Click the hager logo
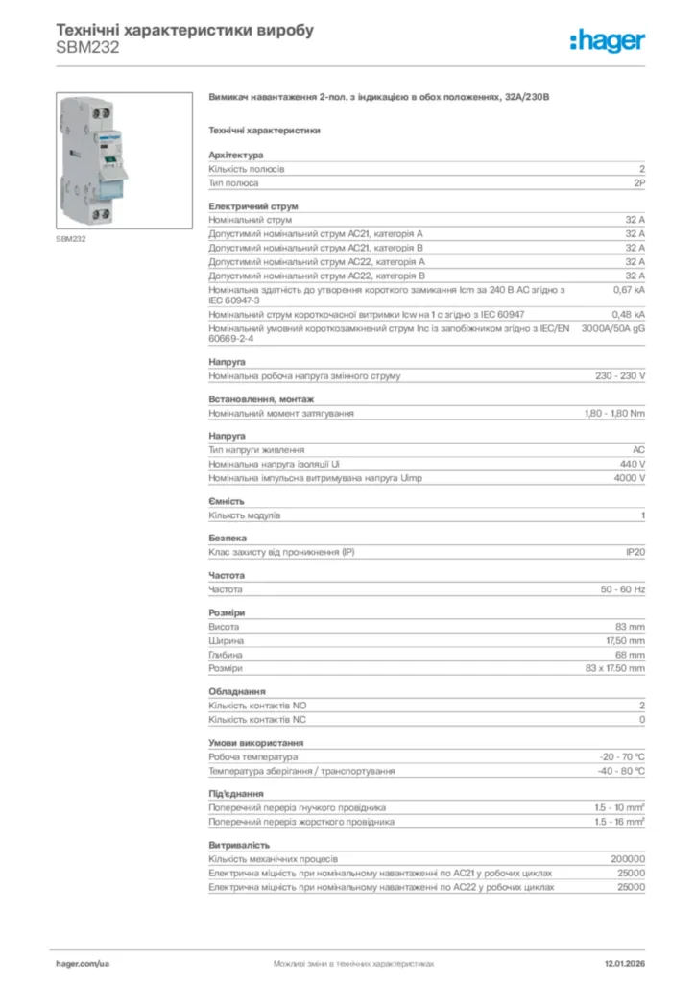pos(607,39)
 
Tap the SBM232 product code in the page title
pos(88,48)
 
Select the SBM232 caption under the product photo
pos(71,238)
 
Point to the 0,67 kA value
pos(629,289)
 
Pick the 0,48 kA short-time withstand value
pos(629,314)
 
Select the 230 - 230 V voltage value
pos(620,376)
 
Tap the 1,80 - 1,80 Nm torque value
pos(614,414)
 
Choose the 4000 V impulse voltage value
pos(629,478)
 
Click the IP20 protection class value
pos(634,552)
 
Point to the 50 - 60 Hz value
pos(623,588)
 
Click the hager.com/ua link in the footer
pos(84,962)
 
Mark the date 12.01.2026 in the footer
pos(624,962)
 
